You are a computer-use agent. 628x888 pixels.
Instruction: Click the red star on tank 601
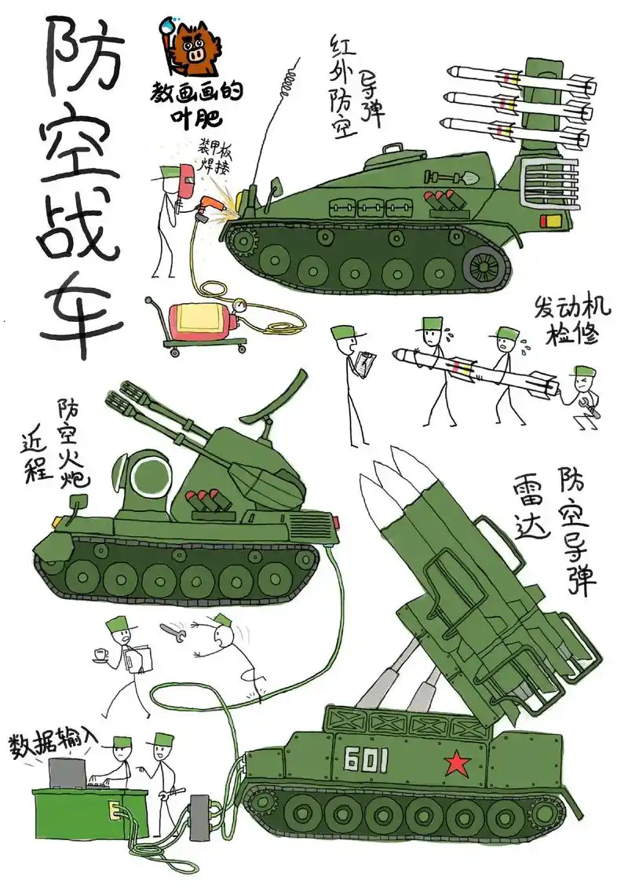point(455,763)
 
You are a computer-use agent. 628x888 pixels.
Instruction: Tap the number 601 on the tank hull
point(367,759)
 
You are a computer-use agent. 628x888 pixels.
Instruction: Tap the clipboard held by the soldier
point(365,363)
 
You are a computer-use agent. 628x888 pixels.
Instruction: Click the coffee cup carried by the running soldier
point(100,654)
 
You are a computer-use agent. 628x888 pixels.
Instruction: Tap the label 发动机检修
point(572,320)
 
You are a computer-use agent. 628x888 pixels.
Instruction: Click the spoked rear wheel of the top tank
point(487,265)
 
